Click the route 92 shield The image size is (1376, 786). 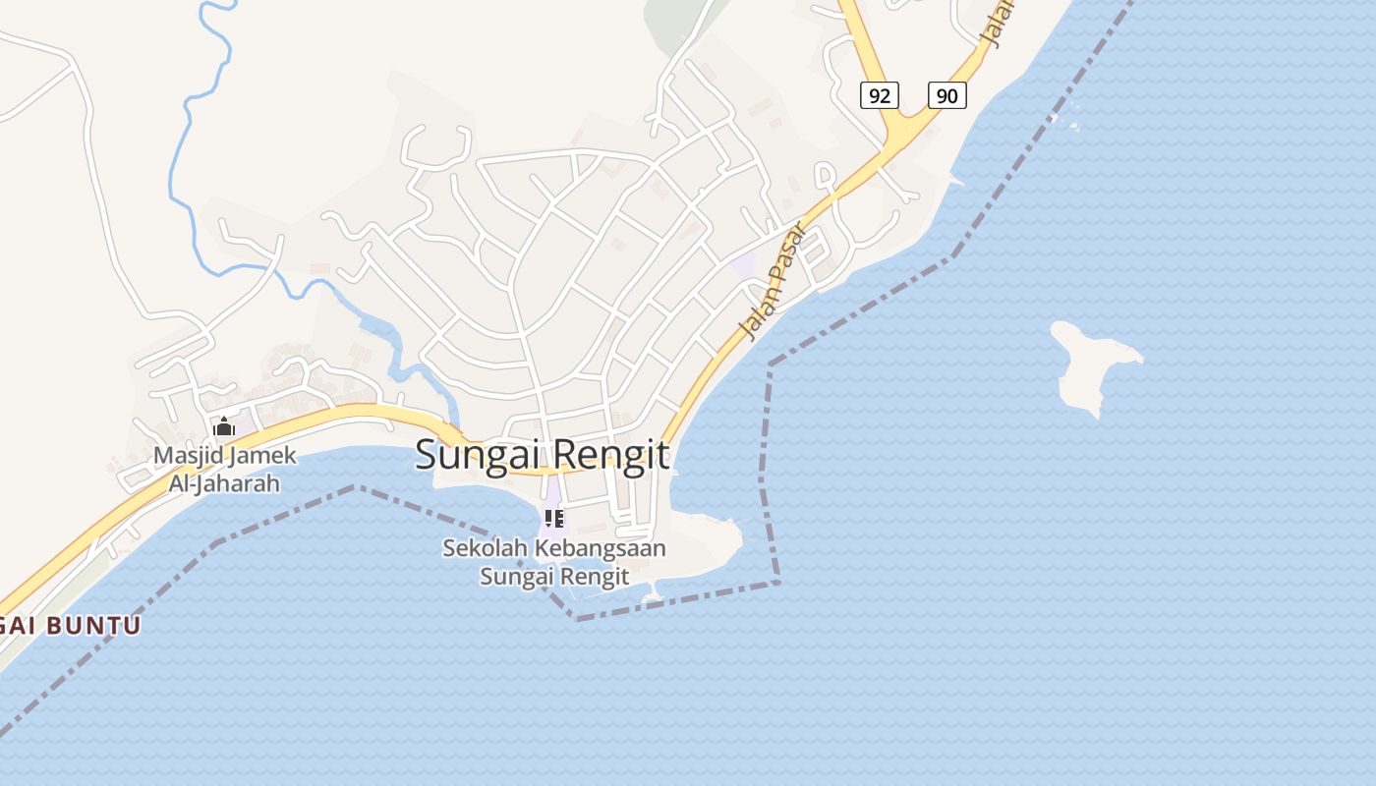pyautogui.click(x=880, y=95)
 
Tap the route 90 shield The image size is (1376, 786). pyautogui.click(x=946, y=95)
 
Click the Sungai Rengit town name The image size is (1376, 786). pyautogui.click(x=543, y=455)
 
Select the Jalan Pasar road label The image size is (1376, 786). pyautogui.click(x=773, y=281)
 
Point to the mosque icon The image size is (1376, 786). pyautogui.click(x=224, y=426)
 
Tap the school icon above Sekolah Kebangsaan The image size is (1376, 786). pyautogui.click(x=553, y=518)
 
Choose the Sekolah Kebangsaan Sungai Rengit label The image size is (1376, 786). pyautogui.click(x=554, y=562)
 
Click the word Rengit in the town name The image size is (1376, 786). pyautogui.click(x=610, y=455)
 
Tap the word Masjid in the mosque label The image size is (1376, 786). pyautogui.click(x=188, y=456)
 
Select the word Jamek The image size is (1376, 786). pyautogui.click(x=261, y=456)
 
